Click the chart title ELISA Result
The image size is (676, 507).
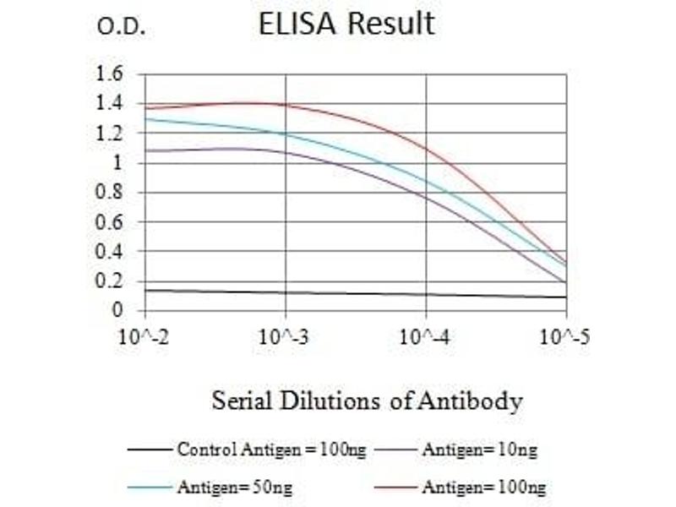point(346,24)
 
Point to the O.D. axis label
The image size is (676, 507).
point(121,27)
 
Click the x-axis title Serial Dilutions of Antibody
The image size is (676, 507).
point(367,401)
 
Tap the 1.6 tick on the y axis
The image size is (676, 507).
point(109,74)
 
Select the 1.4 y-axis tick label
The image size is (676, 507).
point(109,103)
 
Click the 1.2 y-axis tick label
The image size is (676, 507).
point(109,134)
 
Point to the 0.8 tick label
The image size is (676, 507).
point(109,193)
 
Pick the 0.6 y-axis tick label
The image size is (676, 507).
point(109,222)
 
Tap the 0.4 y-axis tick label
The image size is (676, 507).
point(109,251)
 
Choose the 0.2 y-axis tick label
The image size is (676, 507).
point(109,281)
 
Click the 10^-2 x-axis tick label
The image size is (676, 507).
point(143,336)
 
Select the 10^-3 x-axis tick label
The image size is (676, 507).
point(284,336)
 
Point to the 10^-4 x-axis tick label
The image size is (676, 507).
point(425,336)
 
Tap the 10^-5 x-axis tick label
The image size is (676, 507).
point(564,336)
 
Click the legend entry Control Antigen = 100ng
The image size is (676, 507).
point(247,450)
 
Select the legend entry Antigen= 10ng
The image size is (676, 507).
point(456,450)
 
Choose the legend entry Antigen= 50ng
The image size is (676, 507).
point(210,488)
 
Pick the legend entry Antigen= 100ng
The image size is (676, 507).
point(460,488)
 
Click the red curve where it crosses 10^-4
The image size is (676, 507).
point(427,150)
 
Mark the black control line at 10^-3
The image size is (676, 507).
point(286,292)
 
